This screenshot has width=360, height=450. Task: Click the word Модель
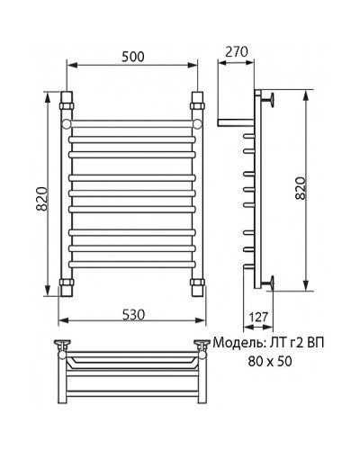237,344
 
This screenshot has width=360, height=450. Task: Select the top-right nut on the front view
197,96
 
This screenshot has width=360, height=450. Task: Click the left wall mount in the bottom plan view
64,345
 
